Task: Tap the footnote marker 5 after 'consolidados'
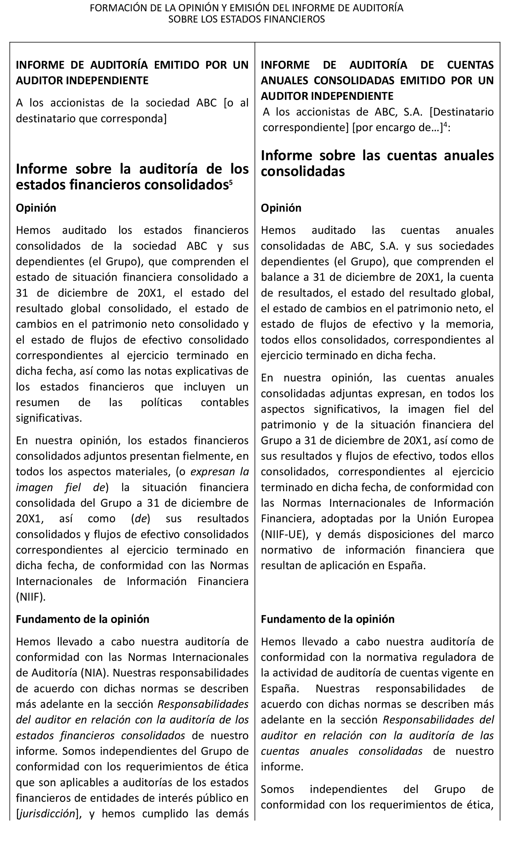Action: tap(231, 182)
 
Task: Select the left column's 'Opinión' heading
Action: tap(36, 208)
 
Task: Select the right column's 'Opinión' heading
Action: tap(281, 208)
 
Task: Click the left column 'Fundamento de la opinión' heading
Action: tap(82, 619)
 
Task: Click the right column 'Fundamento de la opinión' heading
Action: tap(327, 619)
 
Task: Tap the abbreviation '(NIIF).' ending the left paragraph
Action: tap(31, 597)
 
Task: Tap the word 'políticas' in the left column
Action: tap(161, 402)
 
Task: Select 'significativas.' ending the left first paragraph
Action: tap(49, 418)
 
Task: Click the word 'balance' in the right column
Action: tap(279, 277)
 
